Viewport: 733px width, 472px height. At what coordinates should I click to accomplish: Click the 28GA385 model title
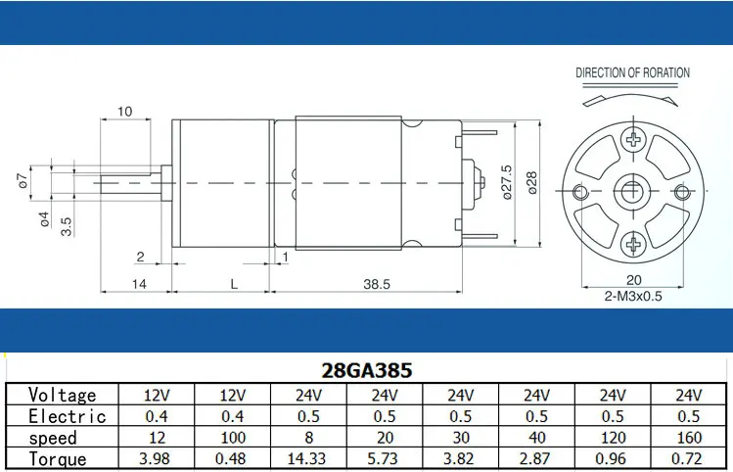coord(366,370)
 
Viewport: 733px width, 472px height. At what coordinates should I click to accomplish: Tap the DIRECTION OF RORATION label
coord(632,72)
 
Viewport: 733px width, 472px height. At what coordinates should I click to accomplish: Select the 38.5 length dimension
coord(377,284)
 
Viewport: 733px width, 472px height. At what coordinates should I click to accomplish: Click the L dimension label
coord(234,284)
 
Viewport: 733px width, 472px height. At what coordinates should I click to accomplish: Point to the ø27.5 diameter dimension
coord(507,182)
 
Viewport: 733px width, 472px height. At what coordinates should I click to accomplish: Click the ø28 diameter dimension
coord(532,182)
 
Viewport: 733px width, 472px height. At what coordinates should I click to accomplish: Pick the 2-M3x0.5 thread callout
coord(633,296)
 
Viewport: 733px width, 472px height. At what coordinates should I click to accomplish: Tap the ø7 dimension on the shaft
coord(23,180)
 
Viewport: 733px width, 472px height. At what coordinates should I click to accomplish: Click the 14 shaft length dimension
coord(139,284)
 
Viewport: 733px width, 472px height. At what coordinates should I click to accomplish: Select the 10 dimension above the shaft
coord(125,112)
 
